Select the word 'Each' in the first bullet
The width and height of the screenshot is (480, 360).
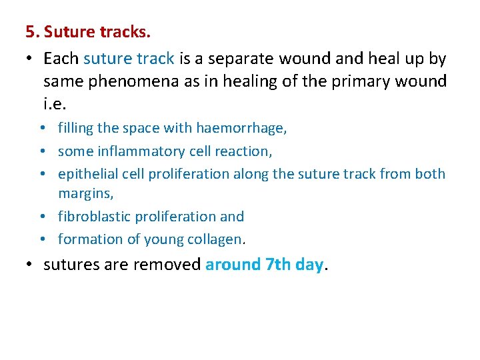61,59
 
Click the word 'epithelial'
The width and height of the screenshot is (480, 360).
87,174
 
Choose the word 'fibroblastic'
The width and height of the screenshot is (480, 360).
94,217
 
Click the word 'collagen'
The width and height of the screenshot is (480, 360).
215,239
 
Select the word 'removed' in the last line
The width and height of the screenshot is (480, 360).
167,265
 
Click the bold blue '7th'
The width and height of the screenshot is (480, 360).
279,265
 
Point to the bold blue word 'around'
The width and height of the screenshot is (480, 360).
233,265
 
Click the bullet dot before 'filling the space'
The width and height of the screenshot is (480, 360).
49,128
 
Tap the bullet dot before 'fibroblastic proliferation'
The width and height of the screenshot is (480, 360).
49,217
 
